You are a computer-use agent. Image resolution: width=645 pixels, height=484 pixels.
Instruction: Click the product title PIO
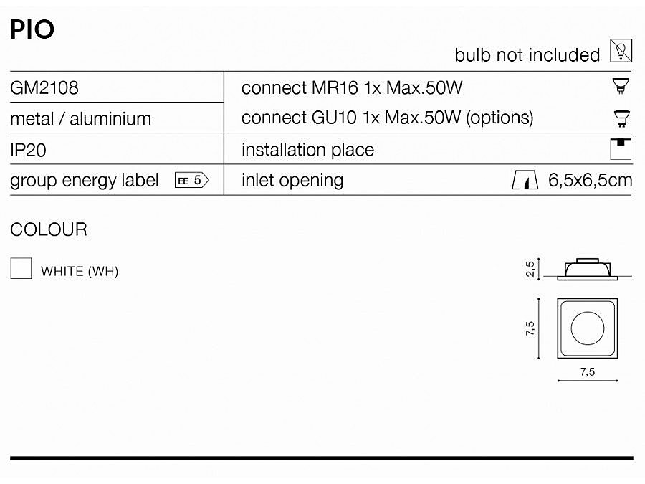click(x=32, y=29)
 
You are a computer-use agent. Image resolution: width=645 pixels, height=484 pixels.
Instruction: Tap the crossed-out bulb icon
click(x=621, y=51)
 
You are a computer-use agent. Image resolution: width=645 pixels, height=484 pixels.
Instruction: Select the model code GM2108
click(x=44, y=88)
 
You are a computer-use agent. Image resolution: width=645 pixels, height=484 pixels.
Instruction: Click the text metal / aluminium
click(x=80, y=119)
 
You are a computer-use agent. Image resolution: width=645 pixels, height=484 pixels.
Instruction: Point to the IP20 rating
click(x=28, y=151)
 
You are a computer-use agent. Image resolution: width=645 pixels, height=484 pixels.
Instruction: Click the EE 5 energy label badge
click(x=192, y=180)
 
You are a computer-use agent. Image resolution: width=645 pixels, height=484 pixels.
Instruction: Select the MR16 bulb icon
click(x=621, y=86)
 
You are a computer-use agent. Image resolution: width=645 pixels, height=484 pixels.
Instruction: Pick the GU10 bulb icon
click(x=621, y=118)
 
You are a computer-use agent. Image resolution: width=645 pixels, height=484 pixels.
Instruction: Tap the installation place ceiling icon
click(x=621, y=149)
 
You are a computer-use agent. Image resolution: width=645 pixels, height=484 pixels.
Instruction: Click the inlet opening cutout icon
click(x=525, y=180)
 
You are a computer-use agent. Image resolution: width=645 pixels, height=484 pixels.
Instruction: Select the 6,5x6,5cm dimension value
click(x=591, y=180)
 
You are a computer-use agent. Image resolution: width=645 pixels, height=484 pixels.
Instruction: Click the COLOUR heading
click(x=49, y=229)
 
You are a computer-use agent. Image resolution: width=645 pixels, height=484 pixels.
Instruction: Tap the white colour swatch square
click(x=21, y=268)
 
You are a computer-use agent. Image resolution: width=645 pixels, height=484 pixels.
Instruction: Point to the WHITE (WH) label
click(x=80, y=272)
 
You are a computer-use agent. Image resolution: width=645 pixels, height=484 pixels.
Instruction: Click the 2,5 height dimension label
click(x=530, y=269)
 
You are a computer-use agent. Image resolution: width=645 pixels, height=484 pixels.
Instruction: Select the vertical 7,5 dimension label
click(x=530, y=328)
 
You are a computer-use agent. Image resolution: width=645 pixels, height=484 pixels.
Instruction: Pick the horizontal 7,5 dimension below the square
click(x=588, y=372)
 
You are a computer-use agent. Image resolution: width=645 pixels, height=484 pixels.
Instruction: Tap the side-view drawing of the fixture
click(x=588, y=270)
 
